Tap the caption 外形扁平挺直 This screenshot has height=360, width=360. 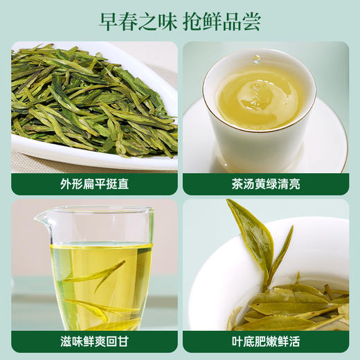coord(94,183)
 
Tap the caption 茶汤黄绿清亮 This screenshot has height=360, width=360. coord(265,183)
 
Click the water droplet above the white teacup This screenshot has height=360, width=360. coord(257,60)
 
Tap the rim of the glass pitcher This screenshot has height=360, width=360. coord(93,210)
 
